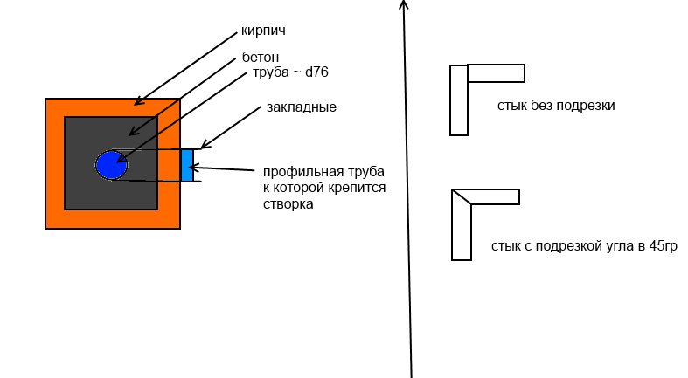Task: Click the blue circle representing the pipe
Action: [x=111, y=165]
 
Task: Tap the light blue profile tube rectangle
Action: [x=187, y=165]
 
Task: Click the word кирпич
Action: [x=263, y=31]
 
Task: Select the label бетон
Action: [x=261, y=58]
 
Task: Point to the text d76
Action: [x=316, y=72]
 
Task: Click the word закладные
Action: [x=302, y=107]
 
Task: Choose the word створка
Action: [x=288, y=204]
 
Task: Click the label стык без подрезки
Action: [x=556, y=106]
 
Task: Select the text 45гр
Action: [x=663, y=246]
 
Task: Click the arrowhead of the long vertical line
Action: [x=404, y=4]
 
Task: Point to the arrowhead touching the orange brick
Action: [x=138, y=101]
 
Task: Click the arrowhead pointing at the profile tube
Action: [x=193, y=168]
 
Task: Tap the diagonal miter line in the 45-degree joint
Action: [x=462, y=196]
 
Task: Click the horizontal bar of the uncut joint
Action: [x=496, y=73]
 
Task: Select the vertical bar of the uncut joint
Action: [x=458, y=100]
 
